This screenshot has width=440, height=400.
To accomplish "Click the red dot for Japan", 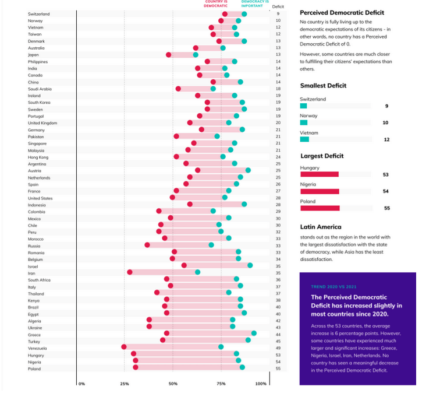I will (169, 55).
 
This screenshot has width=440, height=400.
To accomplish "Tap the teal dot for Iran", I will (197, 272).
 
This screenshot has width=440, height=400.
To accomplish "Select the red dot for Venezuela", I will (124, 347).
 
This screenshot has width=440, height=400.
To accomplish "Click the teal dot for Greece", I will (254, 334).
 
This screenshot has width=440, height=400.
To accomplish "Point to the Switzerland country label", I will (39, 13).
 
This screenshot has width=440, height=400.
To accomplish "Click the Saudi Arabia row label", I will (40, 89).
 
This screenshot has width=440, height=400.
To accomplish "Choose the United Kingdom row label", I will (42, 123).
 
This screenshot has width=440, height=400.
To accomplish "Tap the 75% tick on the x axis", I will (221, 384).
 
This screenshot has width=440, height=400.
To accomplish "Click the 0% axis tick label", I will (81, 384).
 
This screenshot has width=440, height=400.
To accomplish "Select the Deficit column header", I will (278, 6).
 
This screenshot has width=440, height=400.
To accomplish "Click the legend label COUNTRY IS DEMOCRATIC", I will (215, 3).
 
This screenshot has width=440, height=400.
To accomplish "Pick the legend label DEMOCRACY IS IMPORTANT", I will (255, 3).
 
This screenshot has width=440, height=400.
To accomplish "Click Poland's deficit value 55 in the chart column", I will (278, 368).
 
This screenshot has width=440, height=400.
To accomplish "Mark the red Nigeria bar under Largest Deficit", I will (320, 191).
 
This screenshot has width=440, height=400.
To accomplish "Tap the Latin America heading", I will (320, 227).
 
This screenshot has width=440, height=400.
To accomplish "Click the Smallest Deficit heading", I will (323, 85).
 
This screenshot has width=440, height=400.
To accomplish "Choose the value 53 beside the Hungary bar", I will (386, 174).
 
